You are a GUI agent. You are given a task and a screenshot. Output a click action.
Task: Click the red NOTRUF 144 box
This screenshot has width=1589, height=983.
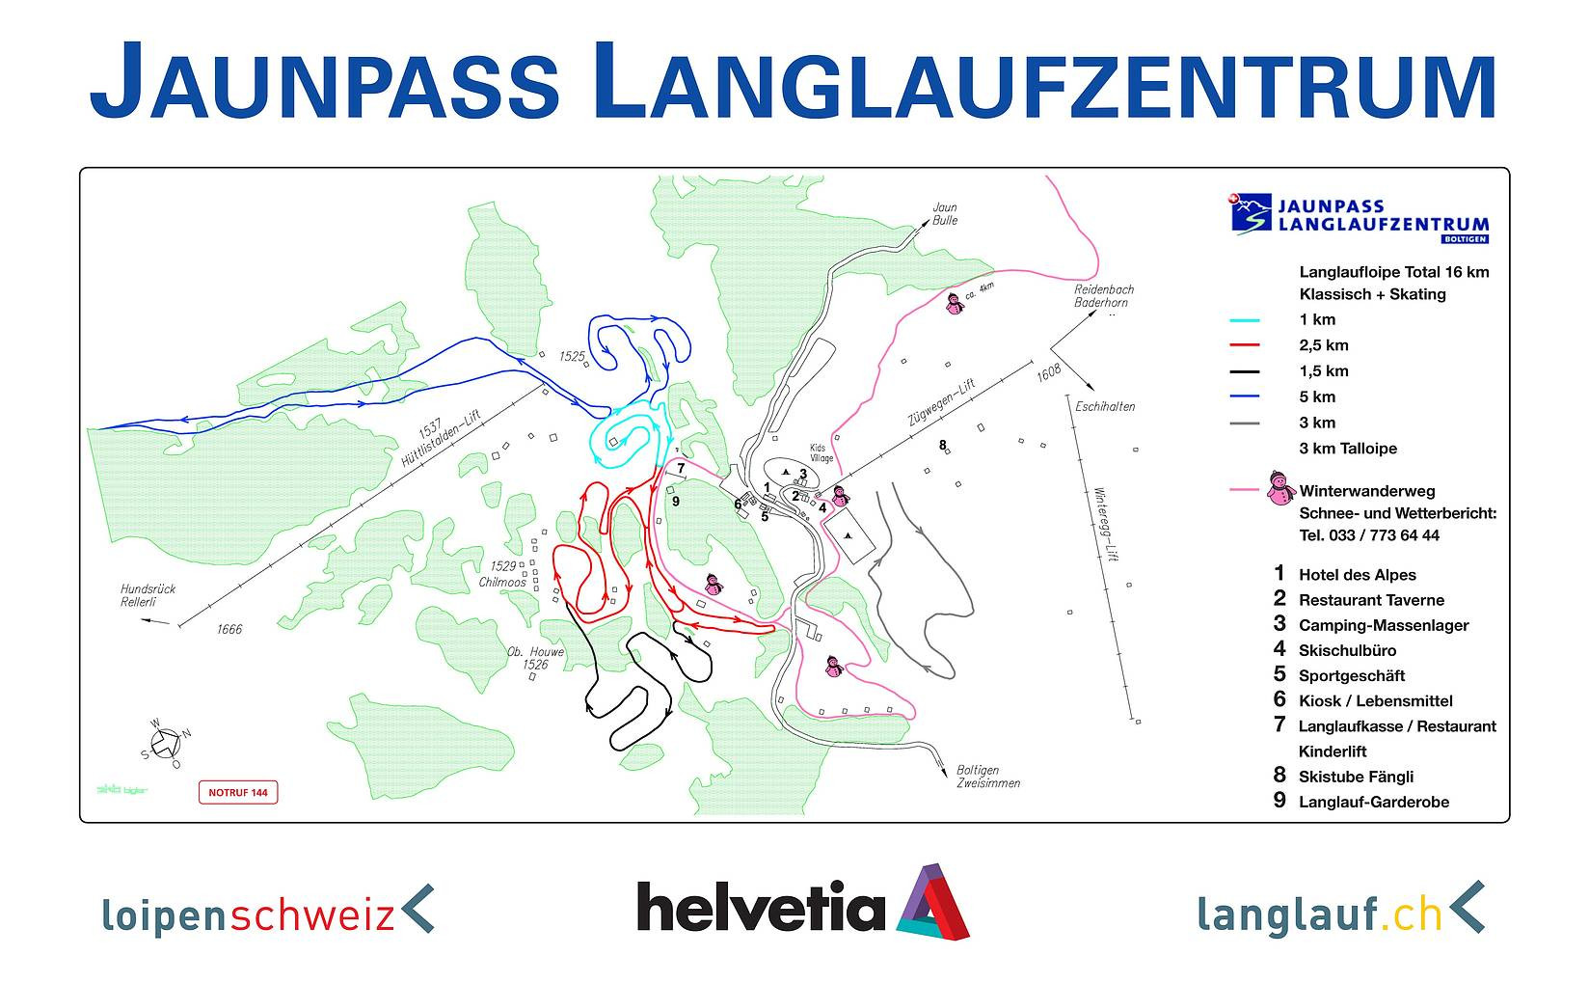(237, 793)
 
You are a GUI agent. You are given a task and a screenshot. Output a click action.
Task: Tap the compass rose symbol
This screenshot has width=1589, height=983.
(166, 743)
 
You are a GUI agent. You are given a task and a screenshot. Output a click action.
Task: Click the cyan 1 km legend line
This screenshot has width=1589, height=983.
(1245, 320)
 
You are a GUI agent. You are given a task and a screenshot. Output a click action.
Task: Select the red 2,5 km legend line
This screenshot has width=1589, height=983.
(1245, 345)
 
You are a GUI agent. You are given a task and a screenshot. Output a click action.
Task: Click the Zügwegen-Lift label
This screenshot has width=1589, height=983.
(941, 403)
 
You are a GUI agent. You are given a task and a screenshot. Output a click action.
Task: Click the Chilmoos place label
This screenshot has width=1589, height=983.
(502, 582)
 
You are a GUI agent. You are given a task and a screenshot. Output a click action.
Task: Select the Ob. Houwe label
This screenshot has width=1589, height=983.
(535, 652)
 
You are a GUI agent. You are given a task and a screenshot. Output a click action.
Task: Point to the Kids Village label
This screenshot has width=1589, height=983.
(821, 453)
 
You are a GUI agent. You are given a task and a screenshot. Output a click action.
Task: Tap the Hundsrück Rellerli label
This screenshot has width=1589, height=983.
(148, 595)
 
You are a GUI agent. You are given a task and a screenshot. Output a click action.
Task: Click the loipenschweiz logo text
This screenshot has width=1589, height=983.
(249, 912)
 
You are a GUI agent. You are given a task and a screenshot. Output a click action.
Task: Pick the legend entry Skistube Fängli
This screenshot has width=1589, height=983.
(1356, 777)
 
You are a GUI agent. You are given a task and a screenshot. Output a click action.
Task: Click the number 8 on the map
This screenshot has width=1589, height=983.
(943, 445)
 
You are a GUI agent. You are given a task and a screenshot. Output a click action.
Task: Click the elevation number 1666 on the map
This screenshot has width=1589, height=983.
(229, 630)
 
